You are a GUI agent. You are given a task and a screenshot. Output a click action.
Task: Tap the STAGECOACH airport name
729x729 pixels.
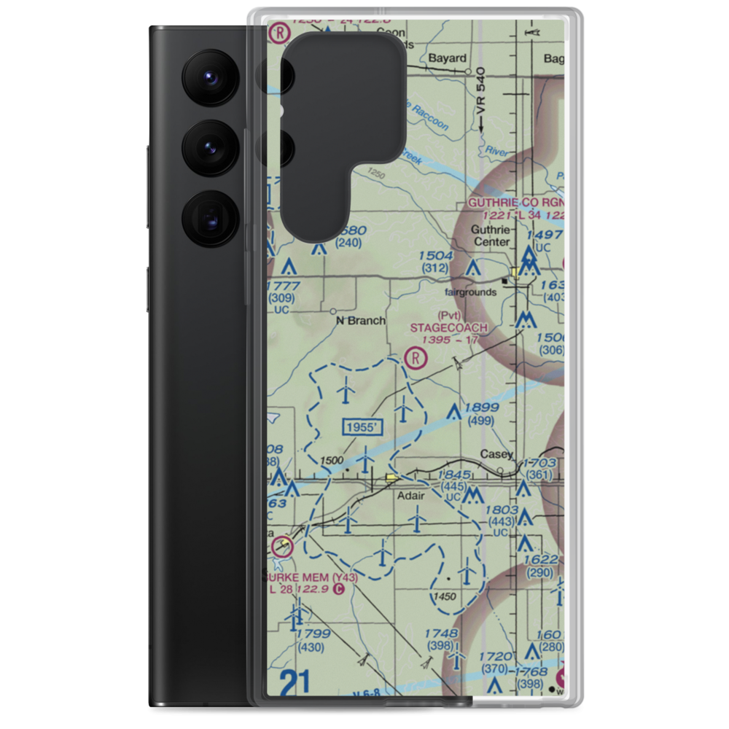(448, 328)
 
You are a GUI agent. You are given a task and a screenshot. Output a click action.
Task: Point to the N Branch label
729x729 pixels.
(360, 320)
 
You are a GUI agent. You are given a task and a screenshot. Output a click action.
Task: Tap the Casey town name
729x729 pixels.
(496, 454)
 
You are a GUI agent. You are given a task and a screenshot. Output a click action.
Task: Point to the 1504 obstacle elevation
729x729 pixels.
(436, 256)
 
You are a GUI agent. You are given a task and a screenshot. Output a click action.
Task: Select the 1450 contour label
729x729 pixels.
(444, 596)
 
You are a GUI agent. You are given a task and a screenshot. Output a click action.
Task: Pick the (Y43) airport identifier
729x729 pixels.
(345, 578)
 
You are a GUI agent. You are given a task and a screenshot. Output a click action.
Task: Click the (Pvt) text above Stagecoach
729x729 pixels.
(450, 315)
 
